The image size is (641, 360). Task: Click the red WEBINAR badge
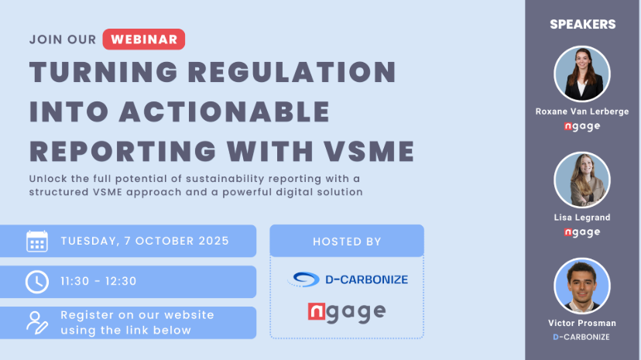(x=143, y=39)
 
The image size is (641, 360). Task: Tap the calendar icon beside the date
(x=37, y=242)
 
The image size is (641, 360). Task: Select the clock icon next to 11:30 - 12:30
(x=37, y=282)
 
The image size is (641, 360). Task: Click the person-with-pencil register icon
(x=37, y=323)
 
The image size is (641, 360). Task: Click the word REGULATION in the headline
(x=293, y=72)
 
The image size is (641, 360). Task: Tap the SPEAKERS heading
(x=582, y=25)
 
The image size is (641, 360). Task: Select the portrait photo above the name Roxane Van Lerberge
(x=582, y=74)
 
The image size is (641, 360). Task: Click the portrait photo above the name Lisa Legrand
(x=582, y=180)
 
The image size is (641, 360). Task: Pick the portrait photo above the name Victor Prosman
(x=582, y=286)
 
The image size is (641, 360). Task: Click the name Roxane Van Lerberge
(x=582, y=111)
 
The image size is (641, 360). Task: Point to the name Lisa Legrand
(x=582, y=218)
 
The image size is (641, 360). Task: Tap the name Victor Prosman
(x=582, y=323)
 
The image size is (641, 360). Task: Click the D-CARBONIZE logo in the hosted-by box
(x=348, y=279)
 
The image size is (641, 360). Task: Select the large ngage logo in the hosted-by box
(x=347, y=313)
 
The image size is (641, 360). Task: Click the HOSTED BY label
(x=347, y=242)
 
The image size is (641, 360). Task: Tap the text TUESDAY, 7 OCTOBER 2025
(x=145, y=241)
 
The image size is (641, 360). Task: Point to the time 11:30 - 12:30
(x=98, y=281)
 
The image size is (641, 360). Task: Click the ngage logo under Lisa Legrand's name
(x=582, y=232)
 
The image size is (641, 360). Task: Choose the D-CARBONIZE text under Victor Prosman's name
(x=581, y=337)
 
